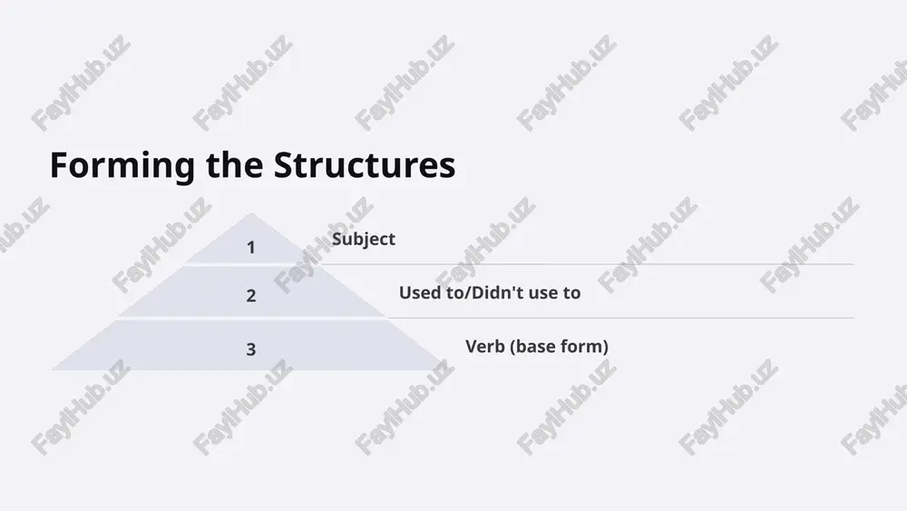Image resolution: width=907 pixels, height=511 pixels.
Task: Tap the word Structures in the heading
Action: coord(365,164)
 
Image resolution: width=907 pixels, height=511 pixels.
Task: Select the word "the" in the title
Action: coord(234,164)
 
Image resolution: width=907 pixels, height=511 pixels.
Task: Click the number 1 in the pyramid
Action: coord(250,248)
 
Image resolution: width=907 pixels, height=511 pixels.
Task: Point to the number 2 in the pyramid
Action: coord(250,296)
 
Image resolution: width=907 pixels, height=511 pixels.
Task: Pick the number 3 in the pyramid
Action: coord(250,349)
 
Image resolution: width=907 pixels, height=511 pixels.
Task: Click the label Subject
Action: coord(364,240)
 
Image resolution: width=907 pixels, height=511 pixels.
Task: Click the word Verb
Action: coord(485,346)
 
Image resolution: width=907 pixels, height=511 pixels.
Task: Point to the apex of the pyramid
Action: coord(251,213)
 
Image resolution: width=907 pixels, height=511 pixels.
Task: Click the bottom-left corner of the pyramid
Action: coord(52,369)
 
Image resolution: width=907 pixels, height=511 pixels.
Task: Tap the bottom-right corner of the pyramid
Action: coord(444,369)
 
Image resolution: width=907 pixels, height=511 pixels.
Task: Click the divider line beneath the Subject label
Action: coord(587,264)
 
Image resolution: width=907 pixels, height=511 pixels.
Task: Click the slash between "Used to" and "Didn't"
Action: coord(468,293)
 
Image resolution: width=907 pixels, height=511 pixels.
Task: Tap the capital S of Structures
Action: coord(283,165)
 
